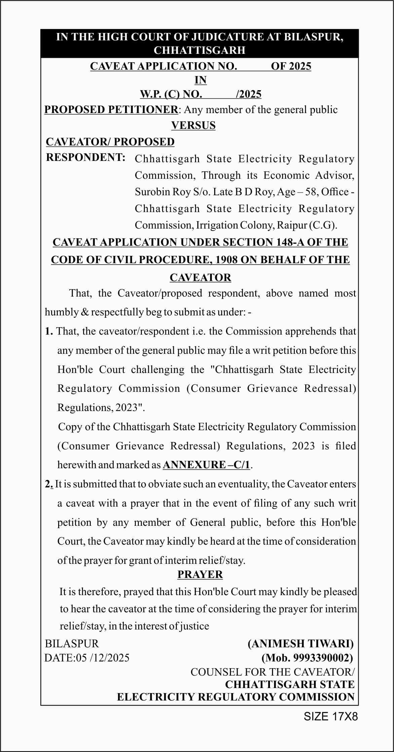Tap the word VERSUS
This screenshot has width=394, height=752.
193,126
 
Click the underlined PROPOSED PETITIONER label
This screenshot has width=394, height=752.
111,110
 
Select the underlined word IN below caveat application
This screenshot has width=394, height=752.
200,80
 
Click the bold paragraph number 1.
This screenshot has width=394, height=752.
49,332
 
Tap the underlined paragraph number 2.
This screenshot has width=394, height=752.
49,484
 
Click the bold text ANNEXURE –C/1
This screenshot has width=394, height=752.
206,465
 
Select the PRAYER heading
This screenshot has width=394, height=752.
200,575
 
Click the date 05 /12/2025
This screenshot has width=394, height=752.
103,658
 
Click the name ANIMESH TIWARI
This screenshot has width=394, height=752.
301,644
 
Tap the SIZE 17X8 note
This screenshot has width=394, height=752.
331,716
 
